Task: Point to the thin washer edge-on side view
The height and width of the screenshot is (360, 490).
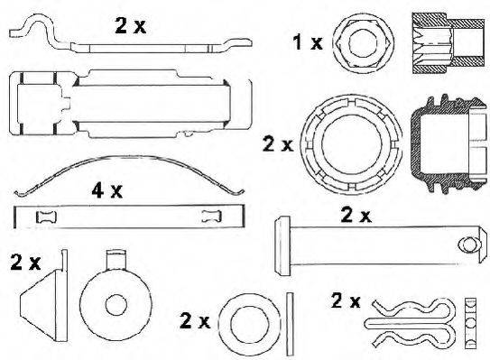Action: (x=289, y=319)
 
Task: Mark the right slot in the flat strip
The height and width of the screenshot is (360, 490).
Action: (x=212, y=216)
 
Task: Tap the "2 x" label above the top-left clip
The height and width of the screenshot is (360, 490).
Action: (x=130, y=25)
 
